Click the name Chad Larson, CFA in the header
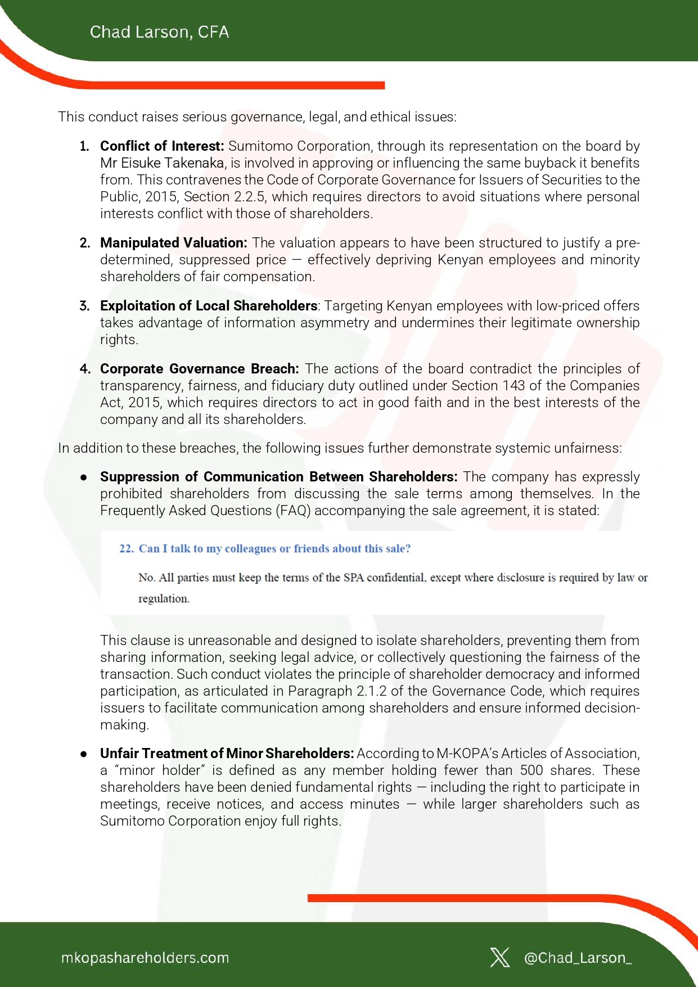(159, 32)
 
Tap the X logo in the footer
(499, 957)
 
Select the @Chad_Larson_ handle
(578, 958)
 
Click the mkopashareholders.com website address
(145, 958)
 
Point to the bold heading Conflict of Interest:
(162, 146)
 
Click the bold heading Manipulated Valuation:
(173, 243)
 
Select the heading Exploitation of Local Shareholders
(209, 306)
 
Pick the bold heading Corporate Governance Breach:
(199, 369)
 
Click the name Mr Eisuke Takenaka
(162, 163)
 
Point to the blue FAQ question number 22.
(126, 549)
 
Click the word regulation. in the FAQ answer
(164, 599)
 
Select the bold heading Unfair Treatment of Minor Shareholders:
(227, 754)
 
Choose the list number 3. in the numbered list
(84, 306)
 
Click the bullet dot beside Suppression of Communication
(84, 477)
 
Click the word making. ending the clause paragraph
(124, 725)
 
